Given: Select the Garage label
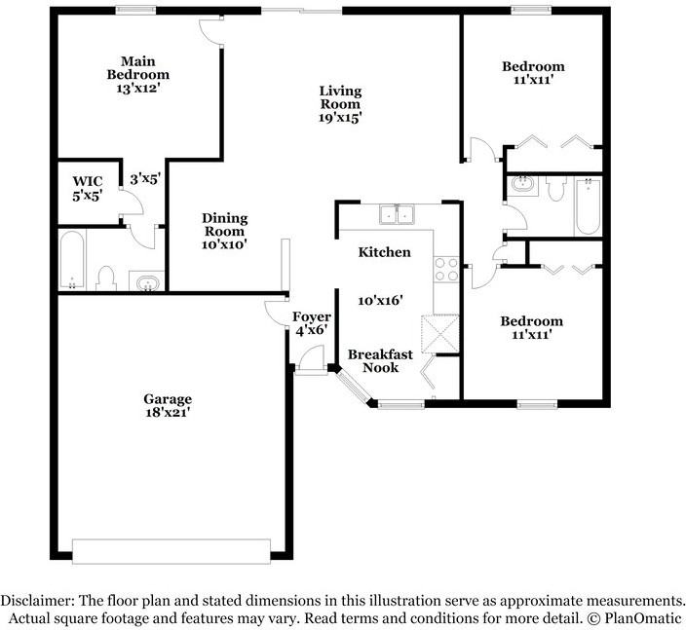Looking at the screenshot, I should coord(168,399).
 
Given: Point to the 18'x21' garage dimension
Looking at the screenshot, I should coord(168,412).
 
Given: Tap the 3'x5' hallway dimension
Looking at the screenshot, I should coord(144,179).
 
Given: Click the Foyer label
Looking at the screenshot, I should coord(312,317).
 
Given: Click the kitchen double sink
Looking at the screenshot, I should coord(399,214).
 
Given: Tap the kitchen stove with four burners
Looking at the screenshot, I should coord(446,268).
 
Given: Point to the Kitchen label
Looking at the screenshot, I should coord(384,252).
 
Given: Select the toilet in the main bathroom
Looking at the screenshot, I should coord(107,278).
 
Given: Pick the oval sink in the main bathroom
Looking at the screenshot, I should coord(146,283).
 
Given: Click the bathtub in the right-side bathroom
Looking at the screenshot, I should coord(587,205).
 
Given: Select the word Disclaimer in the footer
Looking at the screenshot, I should coord(36,600).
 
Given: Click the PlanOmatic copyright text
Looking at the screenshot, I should coord(635,618).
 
